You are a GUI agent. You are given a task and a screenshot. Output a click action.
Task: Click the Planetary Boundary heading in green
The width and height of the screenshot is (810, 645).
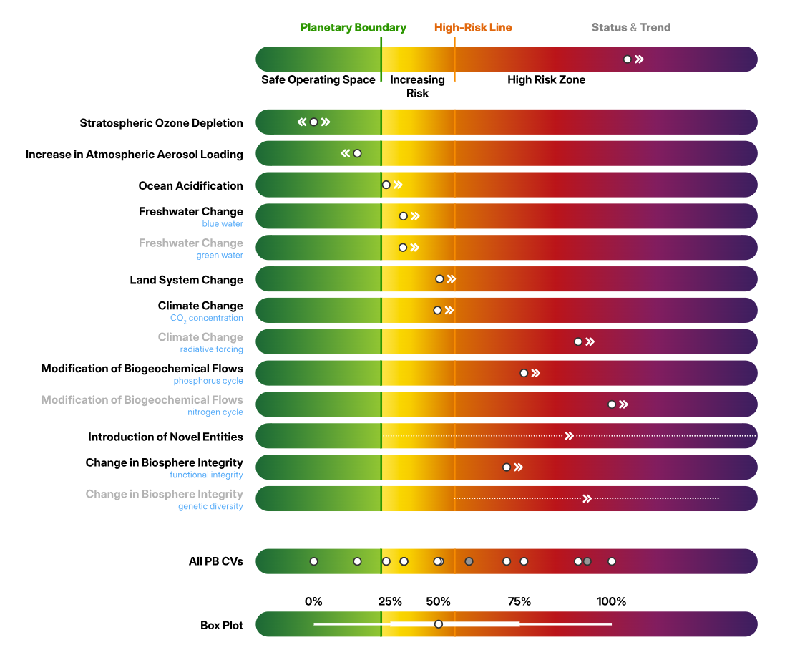353,28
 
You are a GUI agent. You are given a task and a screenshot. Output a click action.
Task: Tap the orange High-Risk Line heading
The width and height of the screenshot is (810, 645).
473,28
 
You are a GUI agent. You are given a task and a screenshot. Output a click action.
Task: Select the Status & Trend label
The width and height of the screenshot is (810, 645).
630,28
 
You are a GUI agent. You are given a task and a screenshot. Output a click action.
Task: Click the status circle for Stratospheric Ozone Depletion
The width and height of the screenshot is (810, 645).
313,122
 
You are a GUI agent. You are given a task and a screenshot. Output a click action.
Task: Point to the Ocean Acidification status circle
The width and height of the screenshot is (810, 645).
386,185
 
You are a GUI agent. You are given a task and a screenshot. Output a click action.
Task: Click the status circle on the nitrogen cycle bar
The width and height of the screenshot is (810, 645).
612,404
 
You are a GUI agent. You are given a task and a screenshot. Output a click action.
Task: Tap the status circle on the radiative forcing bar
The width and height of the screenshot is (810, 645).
578,341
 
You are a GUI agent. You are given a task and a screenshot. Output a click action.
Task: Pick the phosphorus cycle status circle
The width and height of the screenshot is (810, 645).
524,373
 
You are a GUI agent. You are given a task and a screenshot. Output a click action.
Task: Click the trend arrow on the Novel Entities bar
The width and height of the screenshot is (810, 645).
570,436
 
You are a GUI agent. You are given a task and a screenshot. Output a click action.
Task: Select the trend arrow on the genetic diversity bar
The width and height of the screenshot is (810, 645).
587,498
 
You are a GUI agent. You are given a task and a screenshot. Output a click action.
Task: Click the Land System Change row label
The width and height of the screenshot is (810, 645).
186,280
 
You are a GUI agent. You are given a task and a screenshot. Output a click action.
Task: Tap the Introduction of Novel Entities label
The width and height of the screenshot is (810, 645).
165,437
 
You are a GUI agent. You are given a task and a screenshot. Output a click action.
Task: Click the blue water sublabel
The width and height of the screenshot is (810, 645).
222,224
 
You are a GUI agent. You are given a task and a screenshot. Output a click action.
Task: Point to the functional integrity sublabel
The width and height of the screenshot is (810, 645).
206,475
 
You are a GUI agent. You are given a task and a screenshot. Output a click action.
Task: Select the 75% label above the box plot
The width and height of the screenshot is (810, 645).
519,601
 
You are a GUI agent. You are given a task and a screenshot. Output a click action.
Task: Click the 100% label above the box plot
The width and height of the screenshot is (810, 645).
611,601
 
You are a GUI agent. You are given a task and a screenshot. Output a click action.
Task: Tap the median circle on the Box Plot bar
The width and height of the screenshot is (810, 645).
439,624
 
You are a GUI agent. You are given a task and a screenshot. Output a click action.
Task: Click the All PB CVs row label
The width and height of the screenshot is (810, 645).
215,561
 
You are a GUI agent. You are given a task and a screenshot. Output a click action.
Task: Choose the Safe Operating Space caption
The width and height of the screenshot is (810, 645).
318,79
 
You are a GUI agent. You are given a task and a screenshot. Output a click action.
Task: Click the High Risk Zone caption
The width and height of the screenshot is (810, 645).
546,79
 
